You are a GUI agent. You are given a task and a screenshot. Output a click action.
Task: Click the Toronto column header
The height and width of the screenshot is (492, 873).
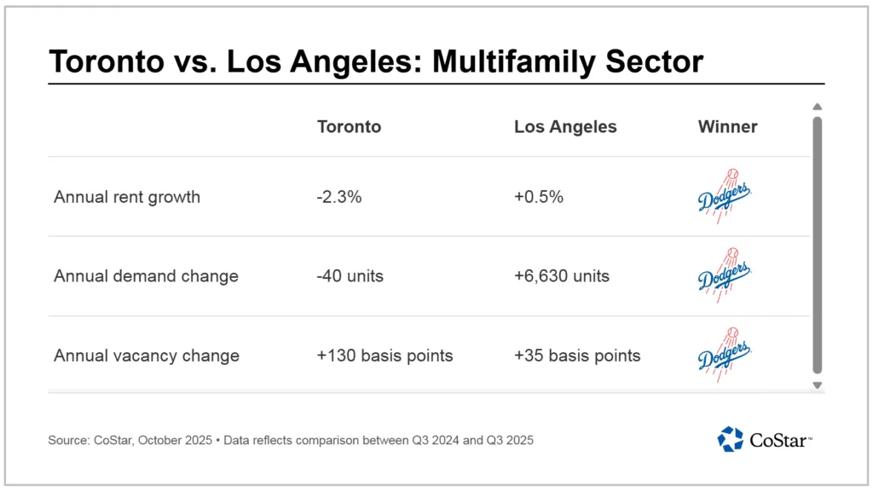pos(349,127)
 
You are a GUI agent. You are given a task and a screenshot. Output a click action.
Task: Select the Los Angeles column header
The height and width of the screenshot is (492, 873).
pos(564,127)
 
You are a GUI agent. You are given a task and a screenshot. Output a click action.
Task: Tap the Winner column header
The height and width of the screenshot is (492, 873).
pos(727,127)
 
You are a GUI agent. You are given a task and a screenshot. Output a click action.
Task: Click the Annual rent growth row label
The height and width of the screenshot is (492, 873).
pos(127,197)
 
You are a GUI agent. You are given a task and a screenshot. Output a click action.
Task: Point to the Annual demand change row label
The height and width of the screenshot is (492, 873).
pos(146,276)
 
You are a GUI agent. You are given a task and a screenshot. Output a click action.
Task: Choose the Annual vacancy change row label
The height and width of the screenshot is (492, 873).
pos(147,356)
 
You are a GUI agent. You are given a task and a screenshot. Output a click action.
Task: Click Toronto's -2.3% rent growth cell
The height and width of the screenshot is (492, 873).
pos(339,197)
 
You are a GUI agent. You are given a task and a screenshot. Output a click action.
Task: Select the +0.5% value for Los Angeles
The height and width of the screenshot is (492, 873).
pos(539,197)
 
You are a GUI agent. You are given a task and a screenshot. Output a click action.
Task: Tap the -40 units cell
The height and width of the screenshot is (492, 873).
pos(351,276)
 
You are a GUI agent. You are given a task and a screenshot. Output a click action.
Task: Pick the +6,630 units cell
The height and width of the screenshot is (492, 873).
pos(562,276)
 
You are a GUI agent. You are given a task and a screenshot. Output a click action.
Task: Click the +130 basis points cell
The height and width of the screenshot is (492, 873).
pos(384,356)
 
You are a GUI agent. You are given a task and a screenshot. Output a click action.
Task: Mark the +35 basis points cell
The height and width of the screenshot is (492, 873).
pos(577,356)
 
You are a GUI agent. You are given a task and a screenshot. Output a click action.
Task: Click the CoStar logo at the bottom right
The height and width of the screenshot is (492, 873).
pos(764,439)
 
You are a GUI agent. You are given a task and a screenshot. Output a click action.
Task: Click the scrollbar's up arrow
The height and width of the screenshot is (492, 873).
pos(817,107)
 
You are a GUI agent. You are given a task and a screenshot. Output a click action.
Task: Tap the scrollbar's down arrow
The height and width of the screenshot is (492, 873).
pos(817,385)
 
